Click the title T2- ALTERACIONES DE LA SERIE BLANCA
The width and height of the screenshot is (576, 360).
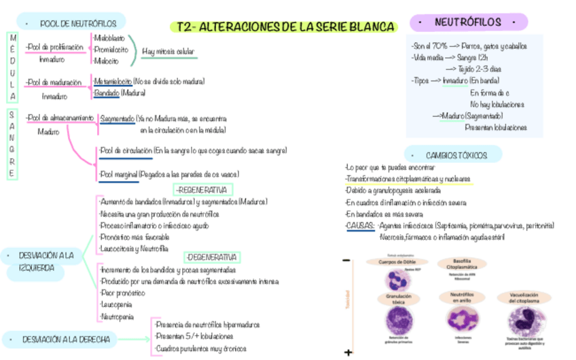click(283, 27)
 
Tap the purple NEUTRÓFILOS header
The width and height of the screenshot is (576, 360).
click(468, 22)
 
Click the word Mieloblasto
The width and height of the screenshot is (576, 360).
click(109, 37)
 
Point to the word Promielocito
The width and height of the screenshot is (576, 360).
click(111, 49)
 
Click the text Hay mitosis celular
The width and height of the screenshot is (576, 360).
click(168, 51)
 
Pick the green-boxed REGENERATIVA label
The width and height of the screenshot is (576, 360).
click(203, 190)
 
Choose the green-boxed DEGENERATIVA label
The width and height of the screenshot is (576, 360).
click(212, 257)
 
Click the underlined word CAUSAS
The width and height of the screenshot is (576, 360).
click(359, 226)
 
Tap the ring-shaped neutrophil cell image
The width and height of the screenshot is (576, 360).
click(461, 317)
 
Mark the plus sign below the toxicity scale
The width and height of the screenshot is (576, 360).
click(348, 353)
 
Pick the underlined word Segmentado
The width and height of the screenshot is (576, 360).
click(117, 118)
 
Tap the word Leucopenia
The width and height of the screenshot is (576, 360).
click(115, 305)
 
